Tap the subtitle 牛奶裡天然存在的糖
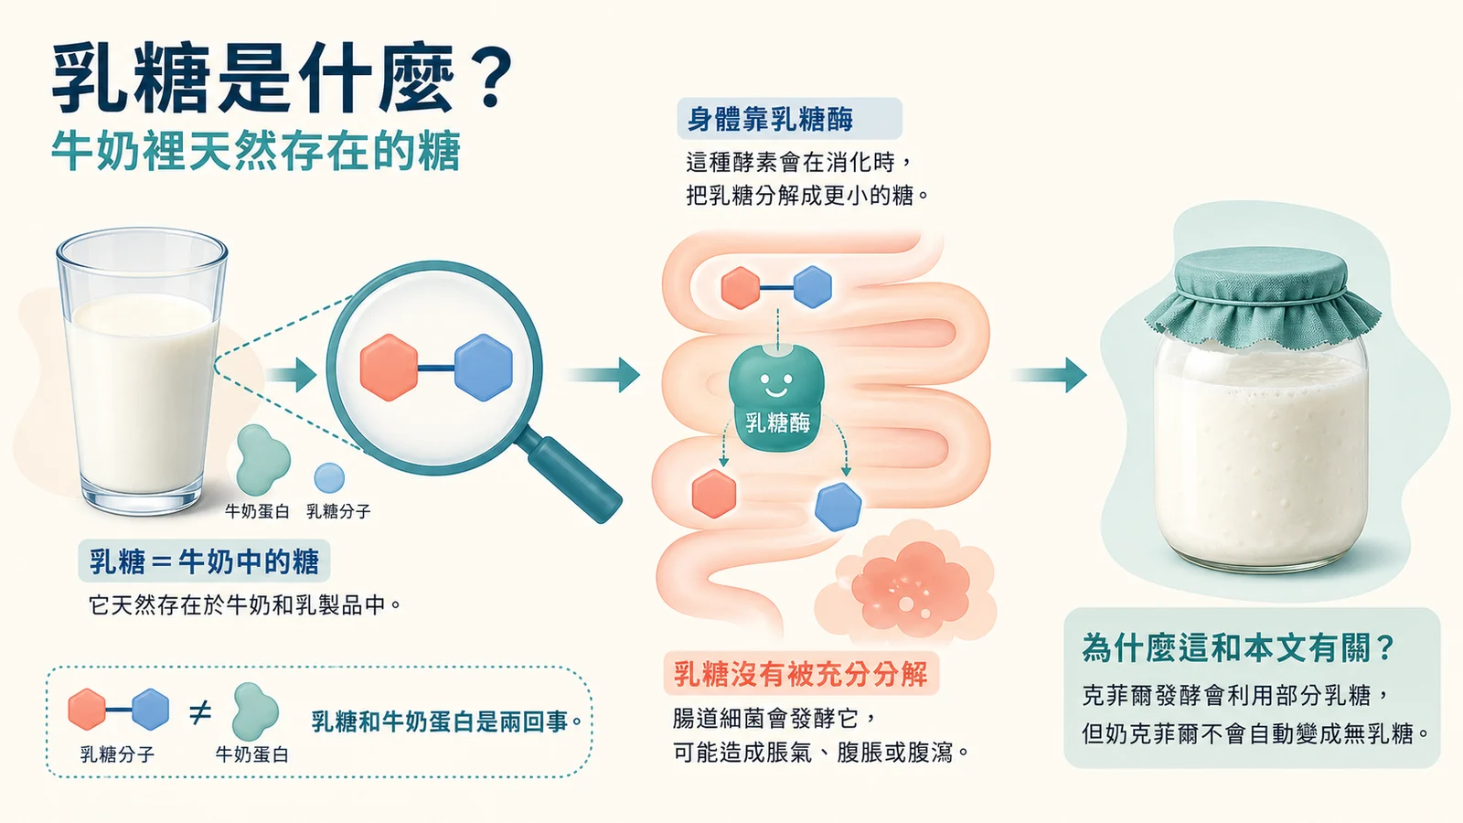[x=256, y=151]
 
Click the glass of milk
[x=142, y=371]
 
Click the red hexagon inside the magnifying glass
[x=389, y=367]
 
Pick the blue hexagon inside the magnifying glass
[x=484, y=367]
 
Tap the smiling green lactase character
[x=776, y=398]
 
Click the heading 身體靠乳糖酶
[x=770, y=120]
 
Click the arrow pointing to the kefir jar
[x=1050, y=375]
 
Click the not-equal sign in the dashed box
[x=200, y=712]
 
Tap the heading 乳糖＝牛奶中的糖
[x=205, y=561]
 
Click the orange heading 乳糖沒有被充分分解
[x=801, y=673]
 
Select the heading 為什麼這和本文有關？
[x=1238, y=648]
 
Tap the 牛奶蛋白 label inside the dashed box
[x=252, y=754]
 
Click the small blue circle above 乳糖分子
[x=329, y=478]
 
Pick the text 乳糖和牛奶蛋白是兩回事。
[x=447, y=721]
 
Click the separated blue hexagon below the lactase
[x=838, y=507]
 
